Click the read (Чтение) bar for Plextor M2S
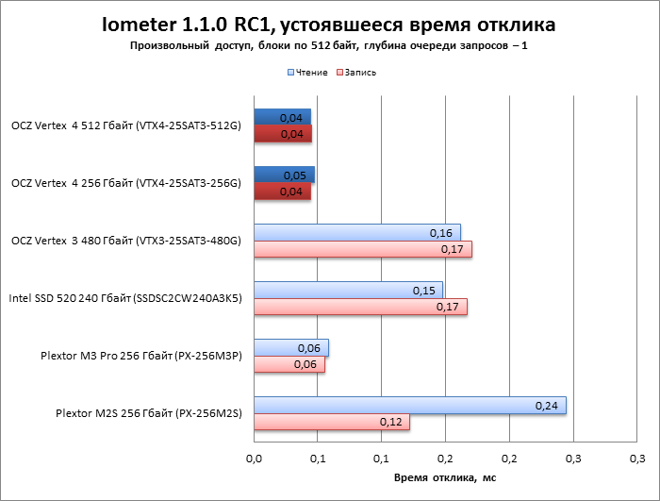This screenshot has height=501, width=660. tap(409, 405)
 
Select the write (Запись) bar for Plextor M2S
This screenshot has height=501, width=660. tap(331, 422)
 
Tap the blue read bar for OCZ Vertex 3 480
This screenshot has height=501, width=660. tap(356, 233)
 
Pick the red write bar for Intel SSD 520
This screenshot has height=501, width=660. tap(360, 307)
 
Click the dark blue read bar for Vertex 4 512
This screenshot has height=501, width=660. tap(282, 117)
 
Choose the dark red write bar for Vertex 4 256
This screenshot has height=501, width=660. tap(282, 192)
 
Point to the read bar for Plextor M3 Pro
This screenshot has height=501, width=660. tap(290, 347)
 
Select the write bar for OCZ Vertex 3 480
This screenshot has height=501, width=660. tap(362, 250)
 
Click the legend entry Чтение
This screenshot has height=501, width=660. tap(310, 73)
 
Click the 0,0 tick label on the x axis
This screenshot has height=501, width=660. tap(254, 459)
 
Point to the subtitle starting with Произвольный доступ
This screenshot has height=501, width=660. tap(330, 45)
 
